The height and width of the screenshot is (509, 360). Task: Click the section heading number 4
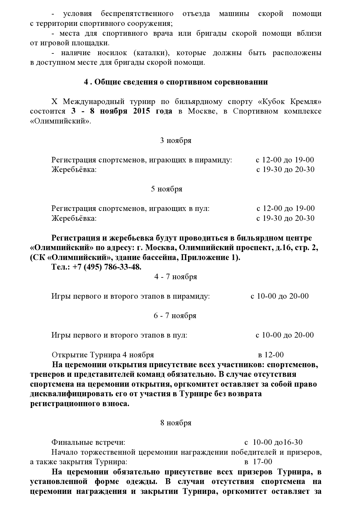(86, 82)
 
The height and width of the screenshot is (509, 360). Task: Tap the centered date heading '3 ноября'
(176, 141)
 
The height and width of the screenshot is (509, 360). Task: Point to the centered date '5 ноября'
(167, 189)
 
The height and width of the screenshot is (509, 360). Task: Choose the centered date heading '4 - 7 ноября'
(176, 277)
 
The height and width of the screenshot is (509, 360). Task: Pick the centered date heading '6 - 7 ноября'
(175, 316)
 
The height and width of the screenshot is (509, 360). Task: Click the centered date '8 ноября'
(176, 423)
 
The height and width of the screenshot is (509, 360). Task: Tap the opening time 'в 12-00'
(271, 355)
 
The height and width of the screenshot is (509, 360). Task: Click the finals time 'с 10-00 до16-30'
(273, 442)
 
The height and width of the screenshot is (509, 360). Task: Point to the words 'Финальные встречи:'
(88, 442)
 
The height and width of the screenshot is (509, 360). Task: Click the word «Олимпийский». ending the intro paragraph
(60, 121)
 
